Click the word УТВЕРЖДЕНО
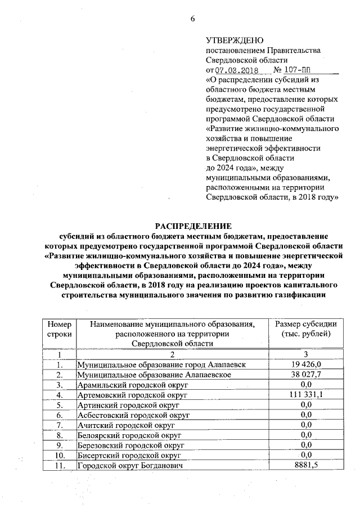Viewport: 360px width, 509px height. click(x=235, y=40)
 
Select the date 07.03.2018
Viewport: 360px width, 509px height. click(x=237, y=70)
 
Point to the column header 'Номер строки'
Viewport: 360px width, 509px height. click(x=60, y=329)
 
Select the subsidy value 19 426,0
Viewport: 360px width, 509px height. click(x=305, y=365)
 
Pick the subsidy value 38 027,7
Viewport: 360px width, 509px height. click(x=305, y=375)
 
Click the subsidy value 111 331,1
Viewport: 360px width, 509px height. click(x=305, y=395)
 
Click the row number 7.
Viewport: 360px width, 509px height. click(x=60, y=425)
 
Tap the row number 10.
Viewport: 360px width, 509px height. click(x=60, y=455)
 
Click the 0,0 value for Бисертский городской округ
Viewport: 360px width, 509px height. click(x=305, y=455)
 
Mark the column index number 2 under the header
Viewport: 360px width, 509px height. click(x=173, y=354)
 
